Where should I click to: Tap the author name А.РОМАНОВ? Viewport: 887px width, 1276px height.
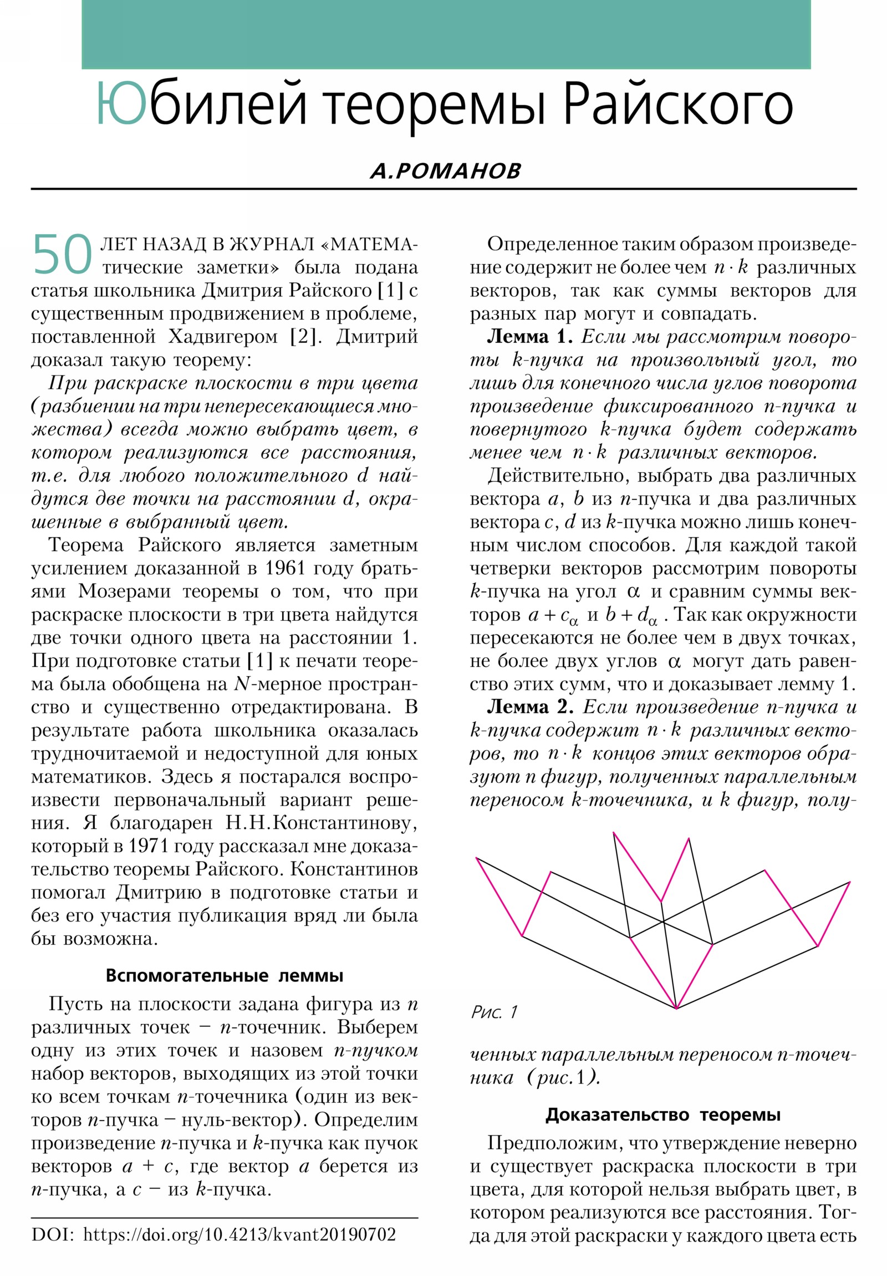point(446,171)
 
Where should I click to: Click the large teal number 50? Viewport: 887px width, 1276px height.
point(62,255)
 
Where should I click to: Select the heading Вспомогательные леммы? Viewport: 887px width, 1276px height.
point(225,975)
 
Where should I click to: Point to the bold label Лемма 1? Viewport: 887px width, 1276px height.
point(529,337)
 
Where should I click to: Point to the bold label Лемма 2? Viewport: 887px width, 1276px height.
point(530,707)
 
